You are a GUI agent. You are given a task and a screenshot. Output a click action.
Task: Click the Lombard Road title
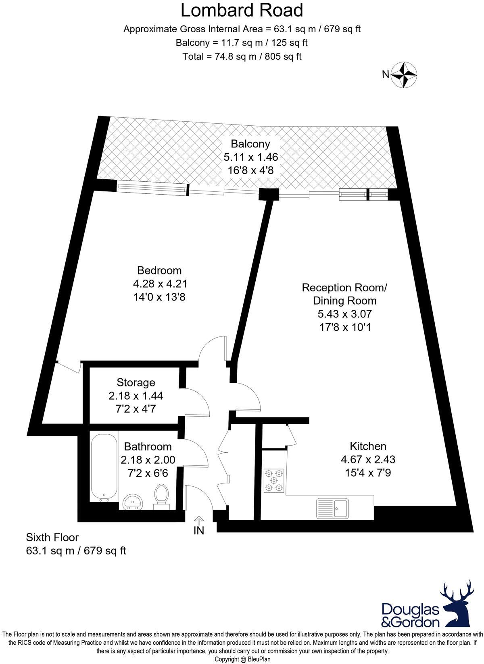[242, 10]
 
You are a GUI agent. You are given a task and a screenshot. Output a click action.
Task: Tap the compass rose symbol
[405, 75]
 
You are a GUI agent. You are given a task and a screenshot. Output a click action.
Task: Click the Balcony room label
[250, 143]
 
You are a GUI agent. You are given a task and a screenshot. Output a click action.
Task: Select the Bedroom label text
[159, 270]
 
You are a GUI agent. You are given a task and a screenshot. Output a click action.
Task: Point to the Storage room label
[136, 382]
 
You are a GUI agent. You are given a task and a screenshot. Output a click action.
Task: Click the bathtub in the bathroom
[104, 467]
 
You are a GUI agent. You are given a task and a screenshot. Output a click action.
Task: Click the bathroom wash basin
[133, 502]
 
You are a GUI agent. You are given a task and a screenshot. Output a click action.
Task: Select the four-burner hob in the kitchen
[274, 480]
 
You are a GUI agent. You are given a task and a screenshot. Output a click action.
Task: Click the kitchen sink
[333, 508]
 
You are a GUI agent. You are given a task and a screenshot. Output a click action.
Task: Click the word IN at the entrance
[199, 531]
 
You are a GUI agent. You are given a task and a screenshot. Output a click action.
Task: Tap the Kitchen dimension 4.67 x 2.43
[368, 459]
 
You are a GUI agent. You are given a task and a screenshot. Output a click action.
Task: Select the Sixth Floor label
[52, 537]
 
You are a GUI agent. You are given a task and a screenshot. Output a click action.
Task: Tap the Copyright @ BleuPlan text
[242, 659]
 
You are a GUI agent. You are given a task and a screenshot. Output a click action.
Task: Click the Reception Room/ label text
[344, 288]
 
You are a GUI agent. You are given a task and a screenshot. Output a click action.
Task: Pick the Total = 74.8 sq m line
[242, 56]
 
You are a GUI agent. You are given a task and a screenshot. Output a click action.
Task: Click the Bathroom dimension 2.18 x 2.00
[148, 460]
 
